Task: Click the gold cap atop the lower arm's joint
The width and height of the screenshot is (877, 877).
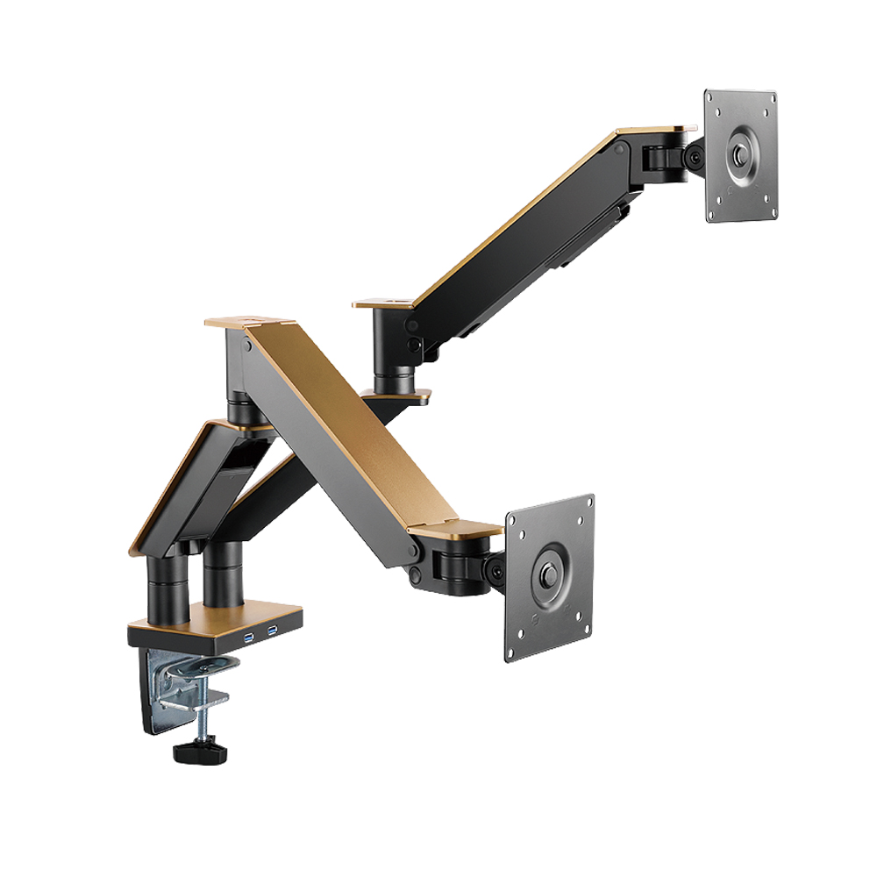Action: [x=250, y=322]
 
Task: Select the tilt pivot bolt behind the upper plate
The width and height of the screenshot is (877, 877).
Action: [x=695, y=158]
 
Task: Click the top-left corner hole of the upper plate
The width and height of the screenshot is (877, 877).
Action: [x=715, y=98]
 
